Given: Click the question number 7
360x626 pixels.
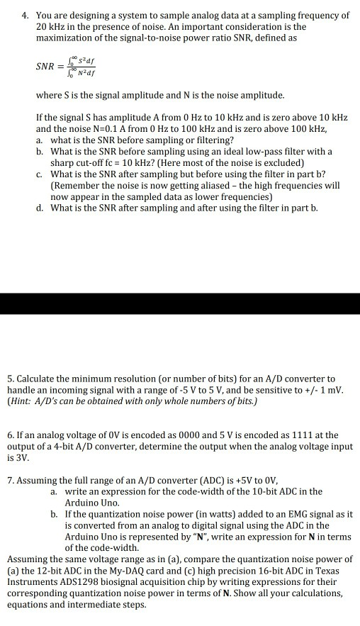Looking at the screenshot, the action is [11, 479].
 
